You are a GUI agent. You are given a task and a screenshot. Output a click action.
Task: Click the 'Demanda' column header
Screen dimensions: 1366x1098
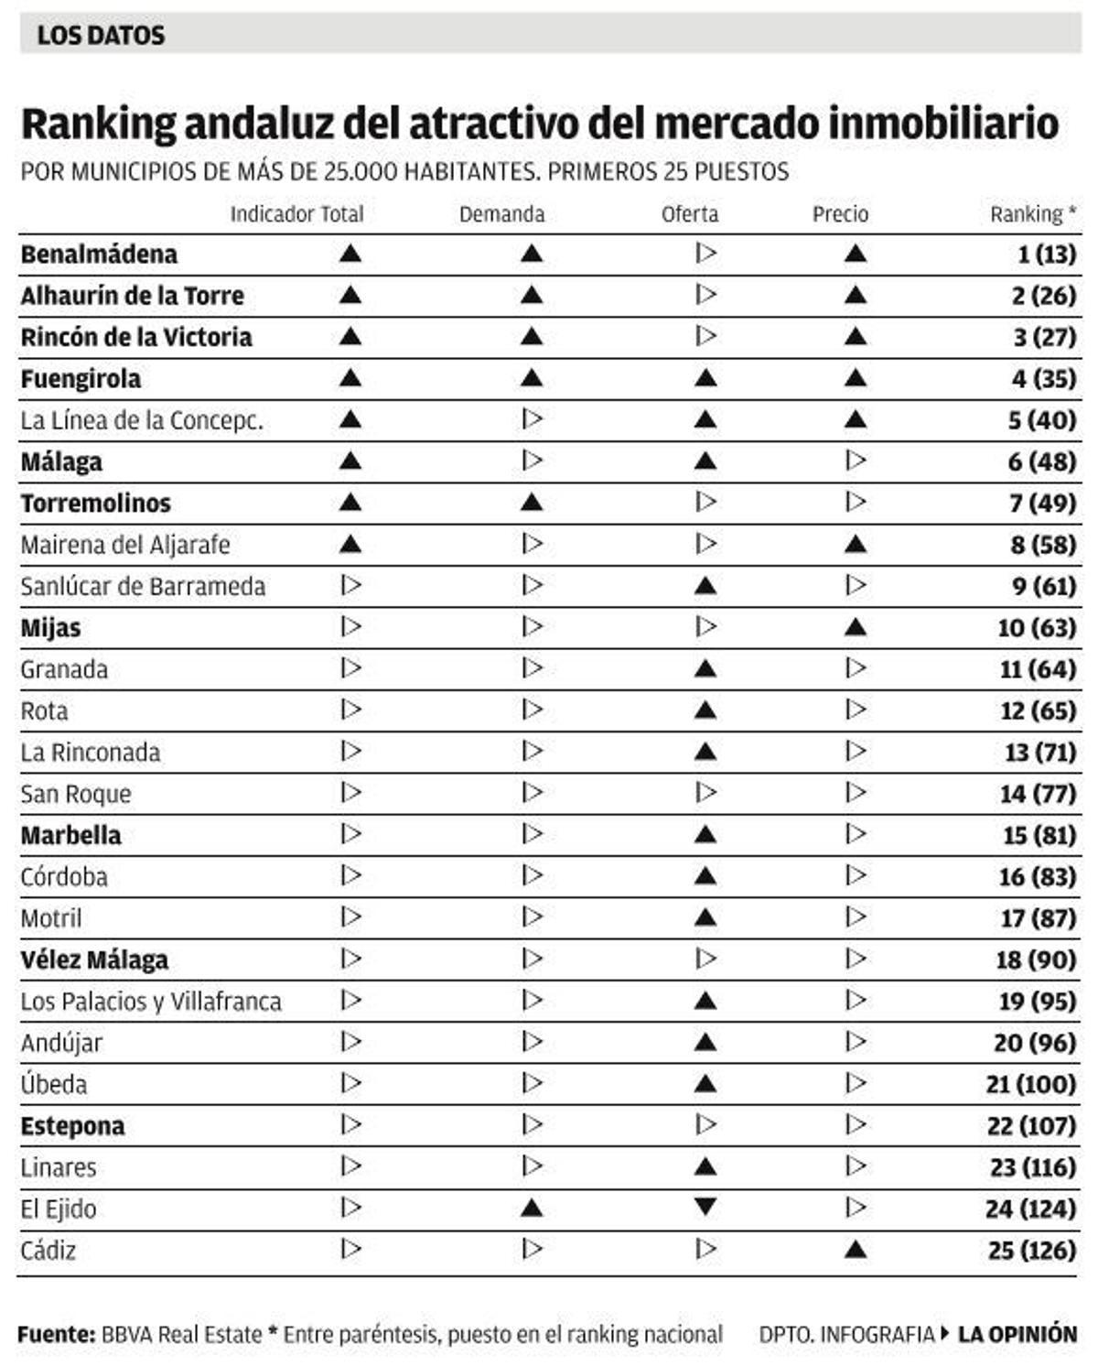[x=501, y=214]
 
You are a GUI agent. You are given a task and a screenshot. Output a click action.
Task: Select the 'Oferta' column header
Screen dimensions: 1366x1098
[x=690, y=214]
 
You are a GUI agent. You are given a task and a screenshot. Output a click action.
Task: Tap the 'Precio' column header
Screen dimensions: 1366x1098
[x=840, y=214]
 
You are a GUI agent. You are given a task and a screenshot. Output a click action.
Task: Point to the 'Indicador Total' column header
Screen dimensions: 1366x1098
[x=296, y=214]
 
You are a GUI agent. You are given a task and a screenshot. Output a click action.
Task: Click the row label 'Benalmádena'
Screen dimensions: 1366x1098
[x=99, y=255]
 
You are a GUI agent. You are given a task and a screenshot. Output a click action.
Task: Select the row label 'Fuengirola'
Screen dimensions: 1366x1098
[x=81, y=379]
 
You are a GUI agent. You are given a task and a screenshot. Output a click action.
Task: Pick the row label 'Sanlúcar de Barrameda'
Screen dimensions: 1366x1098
[x=143, y=586]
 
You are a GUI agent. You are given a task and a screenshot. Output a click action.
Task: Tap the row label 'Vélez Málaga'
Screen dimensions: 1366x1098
[x=94, y=959]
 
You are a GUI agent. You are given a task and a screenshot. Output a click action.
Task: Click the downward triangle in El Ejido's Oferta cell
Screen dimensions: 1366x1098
[x=705, y=1207]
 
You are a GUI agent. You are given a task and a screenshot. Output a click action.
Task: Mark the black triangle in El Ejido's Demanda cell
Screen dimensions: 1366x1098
[x=531, y=1209]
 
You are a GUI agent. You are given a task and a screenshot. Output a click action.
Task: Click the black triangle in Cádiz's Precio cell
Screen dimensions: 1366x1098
[x=855, y=1250]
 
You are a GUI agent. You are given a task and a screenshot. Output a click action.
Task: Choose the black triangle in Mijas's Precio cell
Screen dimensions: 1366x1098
[x=855, y=628]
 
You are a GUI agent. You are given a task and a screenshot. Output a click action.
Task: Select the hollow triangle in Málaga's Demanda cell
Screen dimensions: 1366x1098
[x=532, y=461]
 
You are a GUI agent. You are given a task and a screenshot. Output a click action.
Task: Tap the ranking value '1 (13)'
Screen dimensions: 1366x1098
[x=1046, y=255]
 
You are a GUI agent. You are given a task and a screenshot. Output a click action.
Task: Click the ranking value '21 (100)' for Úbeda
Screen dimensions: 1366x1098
[x=1030, y=1084]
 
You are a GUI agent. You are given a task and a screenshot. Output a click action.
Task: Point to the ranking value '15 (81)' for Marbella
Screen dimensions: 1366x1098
[x=1039, y=835]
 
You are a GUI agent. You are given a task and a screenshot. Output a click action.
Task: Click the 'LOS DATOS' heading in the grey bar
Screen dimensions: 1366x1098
[x=101, y=36]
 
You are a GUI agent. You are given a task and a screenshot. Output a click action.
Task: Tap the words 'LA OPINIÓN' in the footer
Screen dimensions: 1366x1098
[x=1017, y=1334]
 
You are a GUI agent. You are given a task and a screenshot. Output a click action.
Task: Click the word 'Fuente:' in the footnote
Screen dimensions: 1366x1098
[x=56, y=1334]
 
